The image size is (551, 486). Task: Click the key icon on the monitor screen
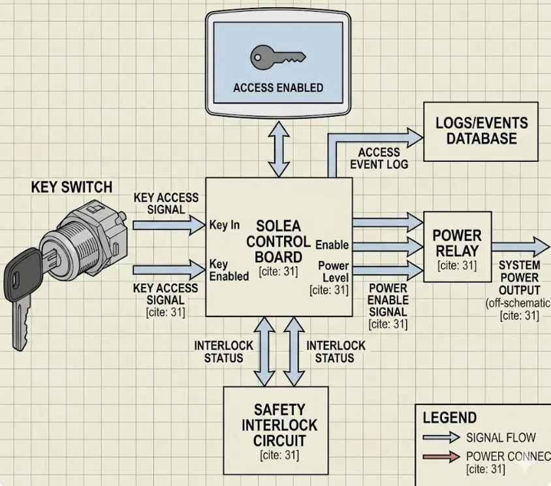(x=277, y=57)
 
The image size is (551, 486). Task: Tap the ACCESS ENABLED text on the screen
(x=278, y=88)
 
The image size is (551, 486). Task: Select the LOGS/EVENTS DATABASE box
(x=481, y=131)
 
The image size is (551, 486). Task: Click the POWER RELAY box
(x=456, y=246)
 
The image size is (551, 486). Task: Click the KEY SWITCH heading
(x=72, y=188)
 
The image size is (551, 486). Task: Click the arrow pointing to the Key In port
(x=168, y=225)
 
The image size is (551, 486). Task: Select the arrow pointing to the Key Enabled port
(x=168, y=269)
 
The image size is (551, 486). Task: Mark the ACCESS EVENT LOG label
(x=379, y=158)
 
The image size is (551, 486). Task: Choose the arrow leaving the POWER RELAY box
(x=520, y=247)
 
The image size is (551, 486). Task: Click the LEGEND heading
(x=449, y=418)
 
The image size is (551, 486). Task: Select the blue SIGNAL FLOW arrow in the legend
(x=441, y=438)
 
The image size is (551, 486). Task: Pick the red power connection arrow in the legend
(x=441, y=457)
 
